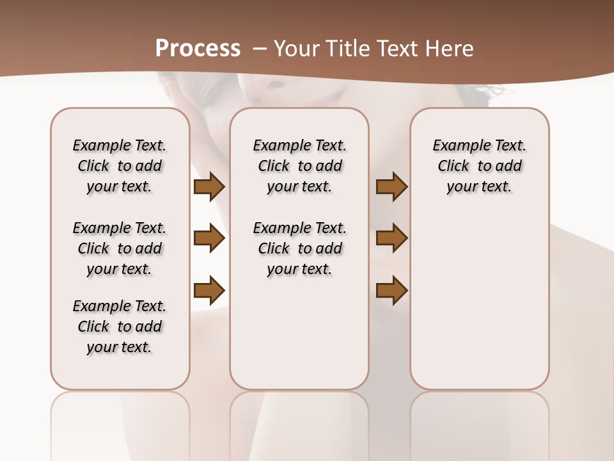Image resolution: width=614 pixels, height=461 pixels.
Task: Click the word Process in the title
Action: point(198,48)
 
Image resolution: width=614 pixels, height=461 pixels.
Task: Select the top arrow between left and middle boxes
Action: point(209,187)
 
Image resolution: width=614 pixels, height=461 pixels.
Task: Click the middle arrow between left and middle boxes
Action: point(209,239)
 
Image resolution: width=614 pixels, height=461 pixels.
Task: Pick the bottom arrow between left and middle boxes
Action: point(209,291)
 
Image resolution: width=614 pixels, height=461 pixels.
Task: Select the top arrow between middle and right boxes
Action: point(391,187)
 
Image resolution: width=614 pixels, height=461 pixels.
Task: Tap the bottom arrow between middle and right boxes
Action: point(391,291)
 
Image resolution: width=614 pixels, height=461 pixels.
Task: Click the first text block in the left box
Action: point(120,166)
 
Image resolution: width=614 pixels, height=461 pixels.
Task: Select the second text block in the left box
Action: point(120,248)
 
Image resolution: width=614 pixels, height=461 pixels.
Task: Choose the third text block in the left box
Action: point(120,327)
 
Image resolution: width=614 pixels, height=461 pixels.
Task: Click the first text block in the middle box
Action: point(299,166)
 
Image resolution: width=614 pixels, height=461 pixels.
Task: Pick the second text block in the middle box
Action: point(299,248)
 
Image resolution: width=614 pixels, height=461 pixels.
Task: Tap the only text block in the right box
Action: point(479,166)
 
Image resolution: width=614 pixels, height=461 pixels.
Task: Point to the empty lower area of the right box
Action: point(479,301)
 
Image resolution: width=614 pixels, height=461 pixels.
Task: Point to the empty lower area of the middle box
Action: point(299,333)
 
